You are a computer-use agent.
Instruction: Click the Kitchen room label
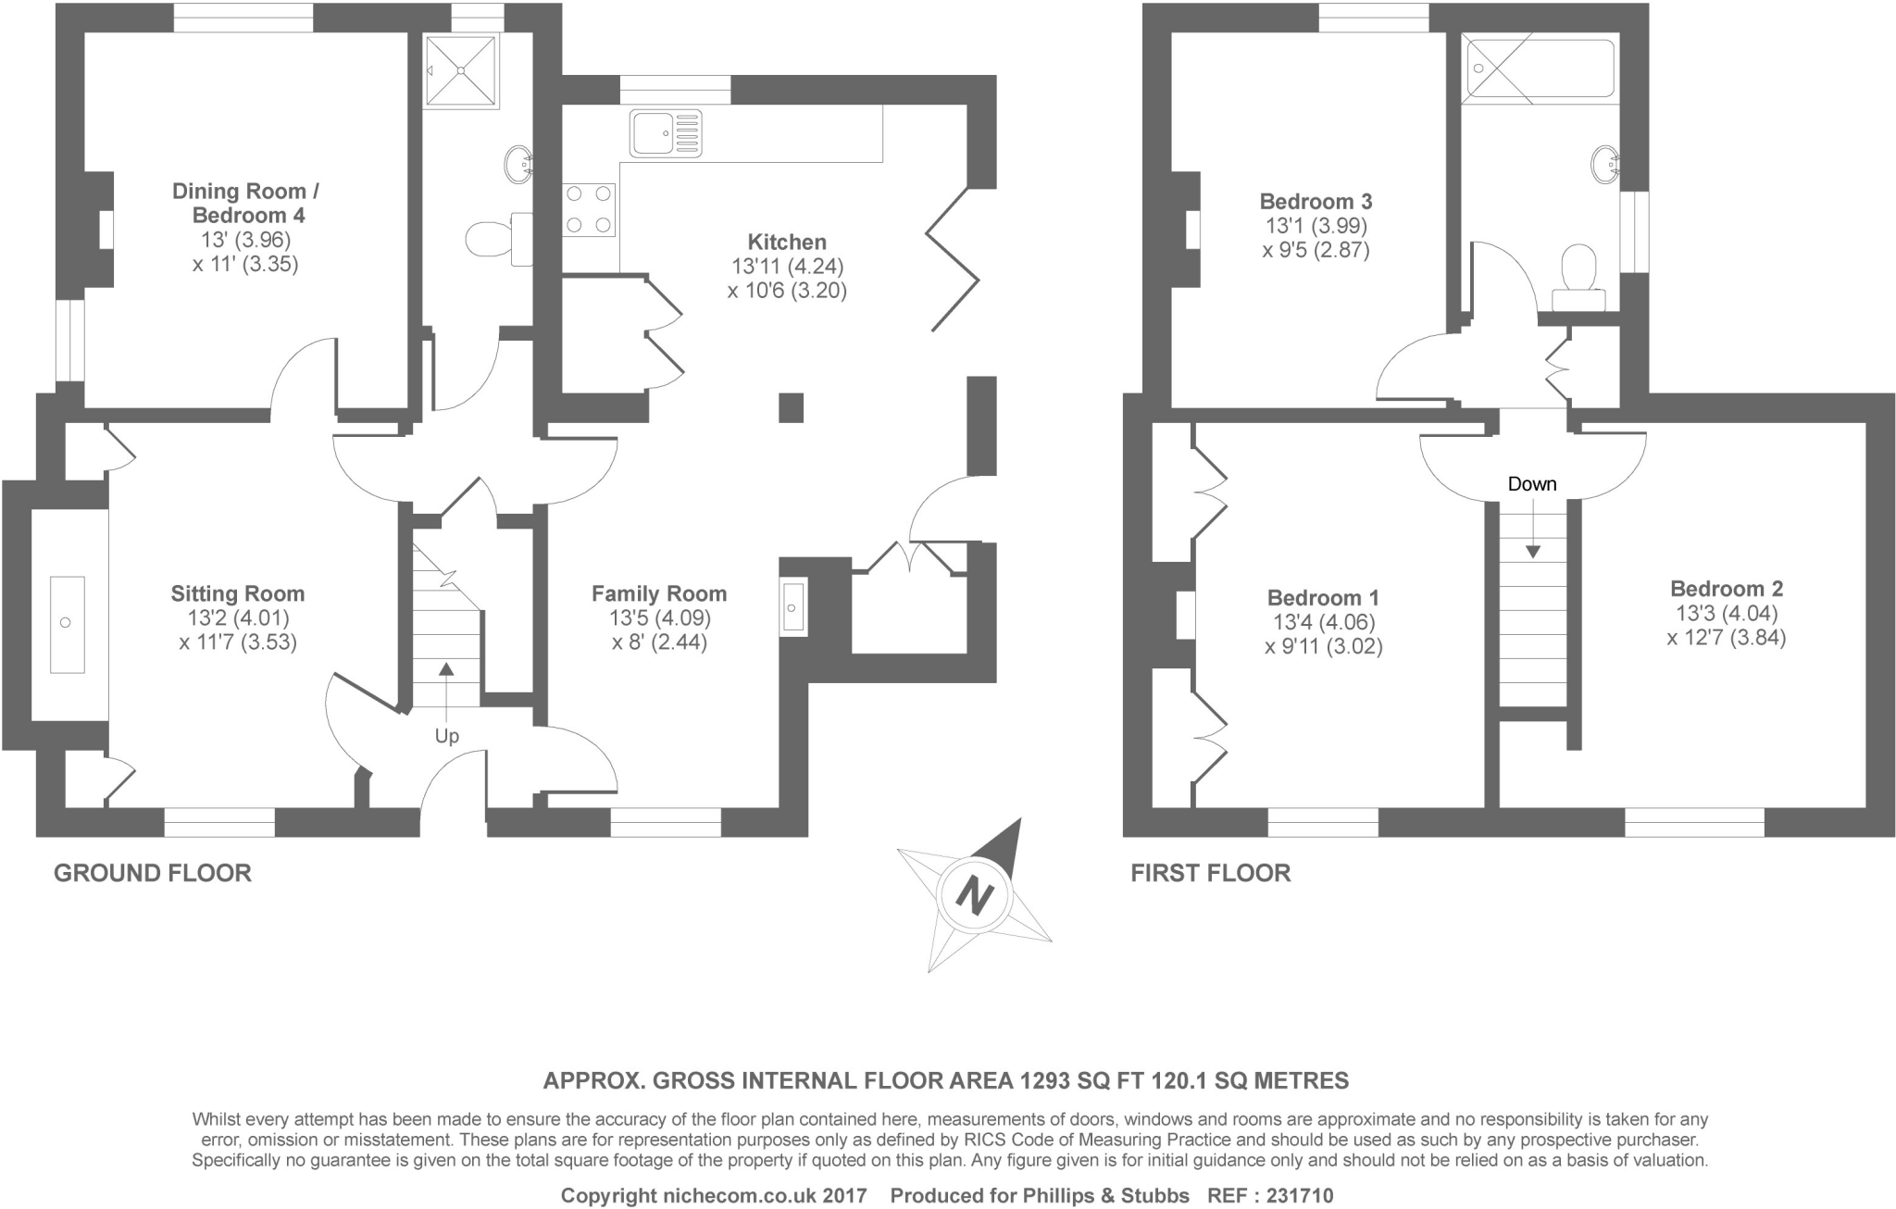[x=787, y=243]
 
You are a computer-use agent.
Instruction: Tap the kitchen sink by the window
[x=666, y=133]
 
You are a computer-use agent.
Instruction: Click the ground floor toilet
[x=491, y=239]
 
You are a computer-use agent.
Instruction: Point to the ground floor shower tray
[x=461, y=70]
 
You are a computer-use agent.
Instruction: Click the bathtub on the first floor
[x=1540, y=69]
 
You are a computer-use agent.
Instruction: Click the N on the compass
[x=974, y=895]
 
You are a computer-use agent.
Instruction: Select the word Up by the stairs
[x=447, y=737]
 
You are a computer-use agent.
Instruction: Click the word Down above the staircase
[x=1532, y=484]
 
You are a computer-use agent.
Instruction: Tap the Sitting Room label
[x=238, y=594]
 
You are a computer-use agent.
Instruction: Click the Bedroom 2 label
[x=1727, y=589]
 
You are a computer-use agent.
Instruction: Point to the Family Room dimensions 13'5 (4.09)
[x=659, y=618]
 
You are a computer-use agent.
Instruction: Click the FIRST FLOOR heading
[x=1210, y=873]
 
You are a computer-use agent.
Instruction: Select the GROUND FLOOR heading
[x=153, y=873]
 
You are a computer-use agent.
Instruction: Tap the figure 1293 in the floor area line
[x=1046, y=1080]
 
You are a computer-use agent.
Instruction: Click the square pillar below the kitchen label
[x=791, y=407]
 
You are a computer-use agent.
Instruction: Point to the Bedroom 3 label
[x=1316, y=202]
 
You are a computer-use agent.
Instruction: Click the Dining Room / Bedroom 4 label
[x=246, y=204]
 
